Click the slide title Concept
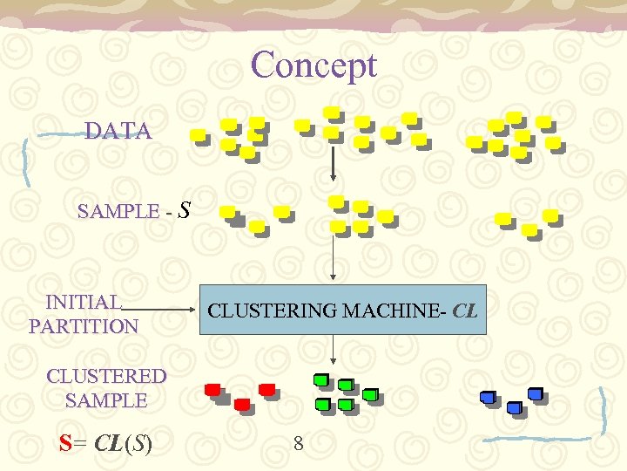[313, 65]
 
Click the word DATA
[118, 132]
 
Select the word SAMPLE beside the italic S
[118, 212]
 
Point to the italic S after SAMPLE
[184, 209]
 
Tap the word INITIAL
[84, 303]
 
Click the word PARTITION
[84, 327]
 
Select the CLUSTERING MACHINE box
[342, 310]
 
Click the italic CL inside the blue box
[466, 310]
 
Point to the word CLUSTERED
[106, 377]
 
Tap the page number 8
[298, 444]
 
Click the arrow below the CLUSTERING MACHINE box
[333, 350]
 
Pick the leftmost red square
[212, 390]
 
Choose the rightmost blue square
[535, 394]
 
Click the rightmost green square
[369, 394]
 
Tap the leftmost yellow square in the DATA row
[199, 135]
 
